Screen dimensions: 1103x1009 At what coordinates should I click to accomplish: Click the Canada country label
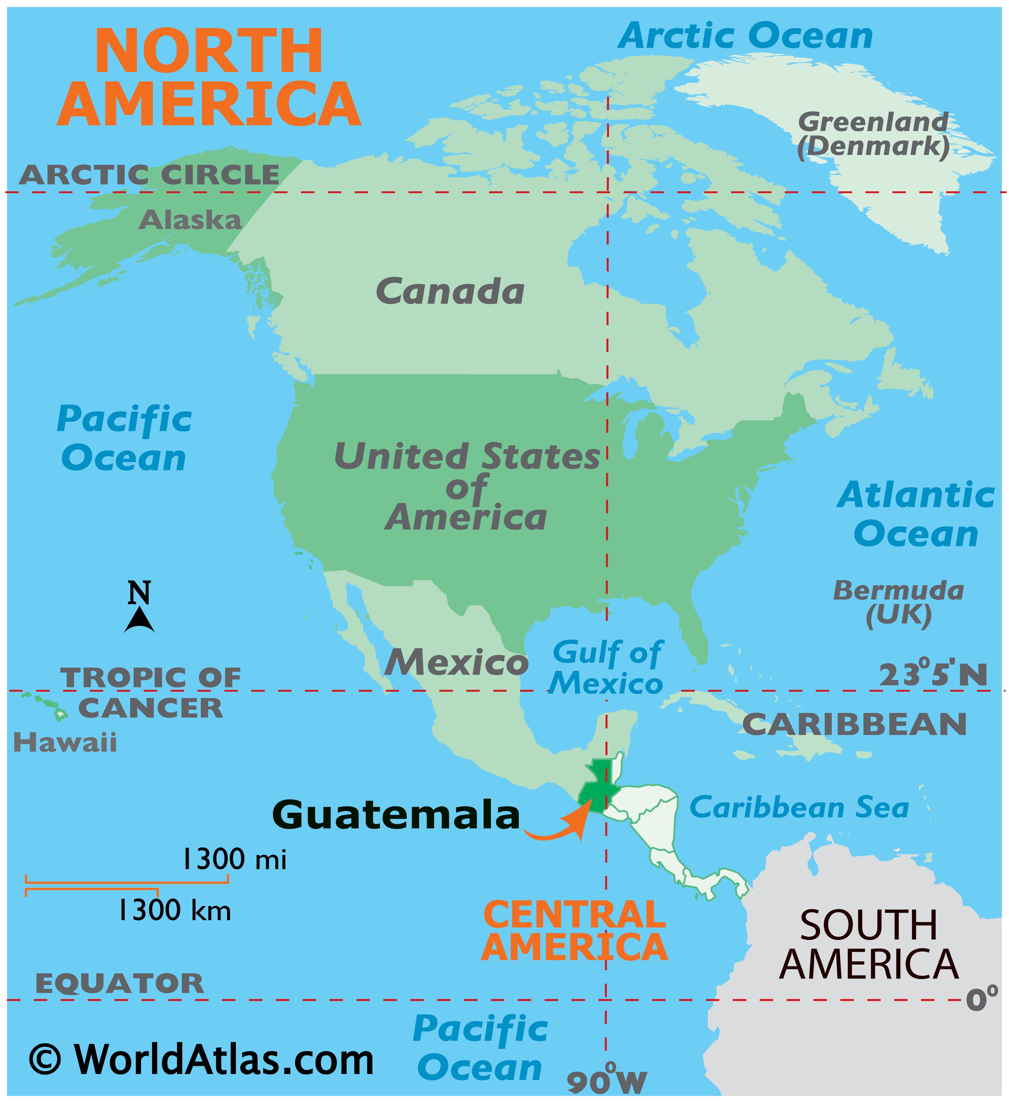click(450, 292)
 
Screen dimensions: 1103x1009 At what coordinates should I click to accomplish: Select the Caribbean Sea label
click(799, 808)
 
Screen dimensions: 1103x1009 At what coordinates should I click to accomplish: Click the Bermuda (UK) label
click(898, 603)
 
